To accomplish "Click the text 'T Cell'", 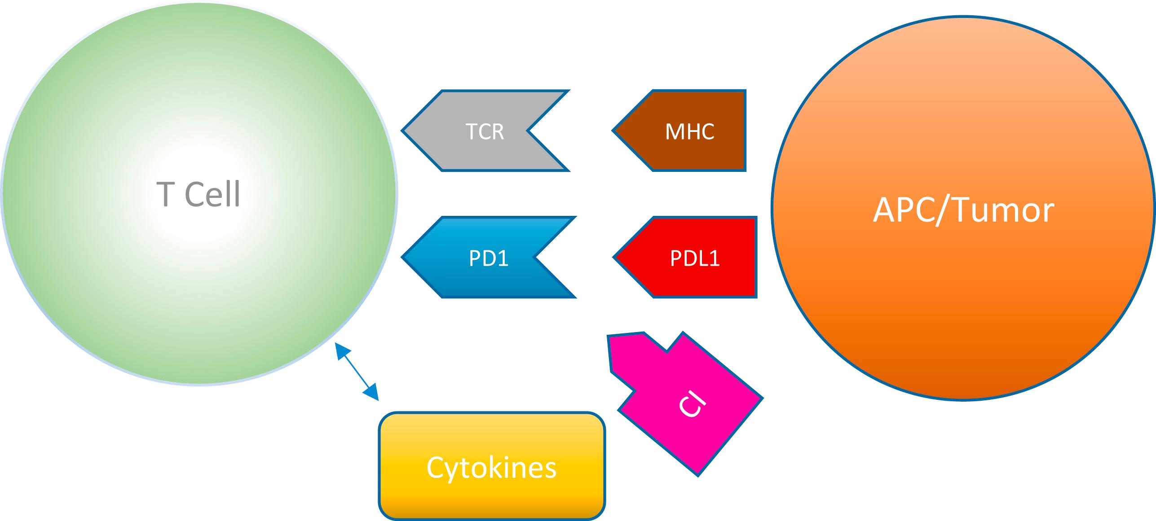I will (199, 194).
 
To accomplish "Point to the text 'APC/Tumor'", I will (963, 210).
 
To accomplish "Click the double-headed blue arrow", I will (357, 372).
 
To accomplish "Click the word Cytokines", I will (491, 467).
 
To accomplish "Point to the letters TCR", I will (485, 131).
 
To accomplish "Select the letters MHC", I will (689, 131).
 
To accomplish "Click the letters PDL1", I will (695, 258).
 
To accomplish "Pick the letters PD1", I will (488, 258).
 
